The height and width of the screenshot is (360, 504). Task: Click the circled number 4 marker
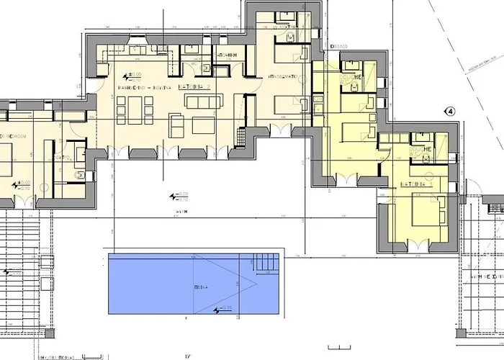click(x=451, y=112)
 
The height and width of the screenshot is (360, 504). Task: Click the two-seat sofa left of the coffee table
click(x=177, y=124)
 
